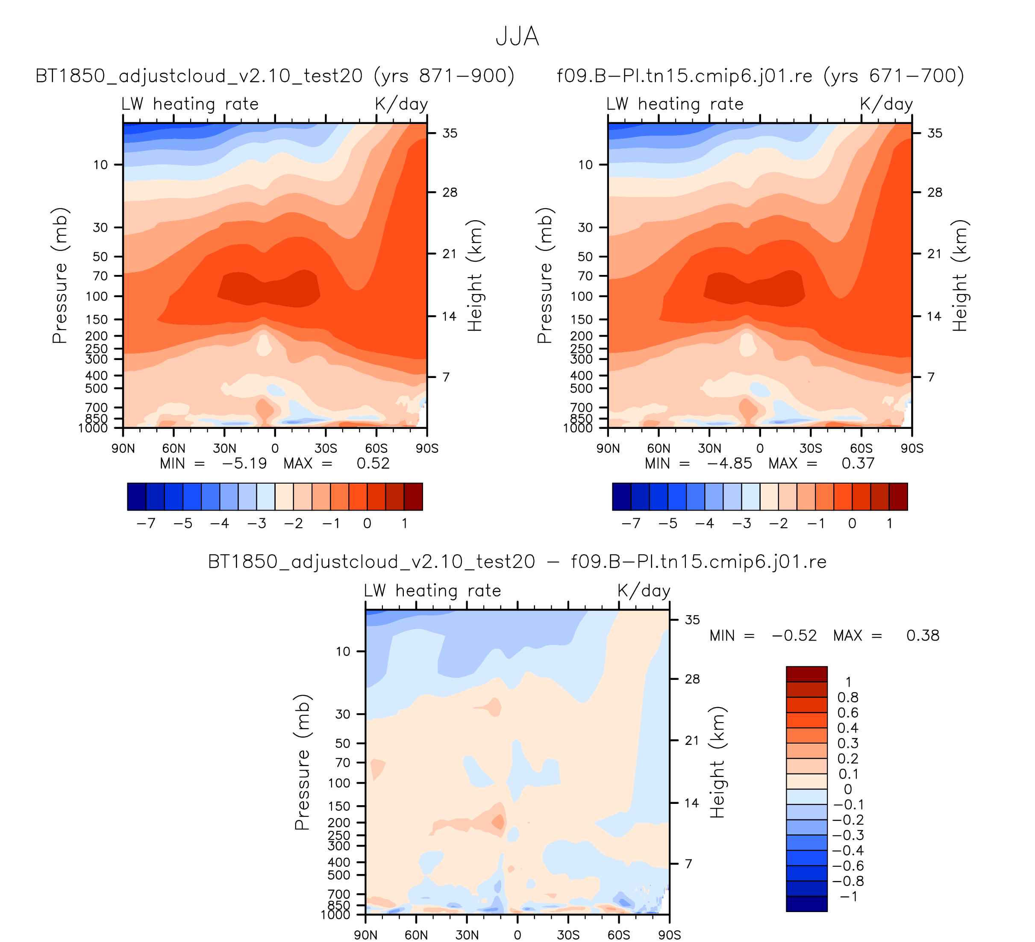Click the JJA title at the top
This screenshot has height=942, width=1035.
click(517, 37)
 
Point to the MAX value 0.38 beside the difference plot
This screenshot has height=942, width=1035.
click(923, 635)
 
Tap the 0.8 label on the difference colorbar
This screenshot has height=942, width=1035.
click(847, 697)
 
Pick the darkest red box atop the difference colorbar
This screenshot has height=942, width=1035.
click(806, 674)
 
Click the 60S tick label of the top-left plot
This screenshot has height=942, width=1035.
click(376, 449)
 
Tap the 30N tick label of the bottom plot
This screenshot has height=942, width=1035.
click(467, 935)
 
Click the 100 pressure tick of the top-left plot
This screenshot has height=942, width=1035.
click(97, 296)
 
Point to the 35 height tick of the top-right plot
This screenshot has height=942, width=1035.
click(935, 133)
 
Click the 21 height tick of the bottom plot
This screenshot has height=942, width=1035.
click(692, 740)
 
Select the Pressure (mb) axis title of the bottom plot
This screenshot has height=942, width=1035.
click(303, 762)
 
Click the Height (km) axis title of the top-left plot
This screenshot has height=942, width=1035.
click(475, 276)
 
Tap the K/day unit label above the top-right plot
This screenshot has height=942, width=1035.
click(886, 104)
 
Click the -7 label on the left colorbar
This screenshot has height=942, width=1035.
click(146, 523)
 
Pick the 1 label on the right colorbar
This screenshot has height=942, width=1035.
click(889, 523)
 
